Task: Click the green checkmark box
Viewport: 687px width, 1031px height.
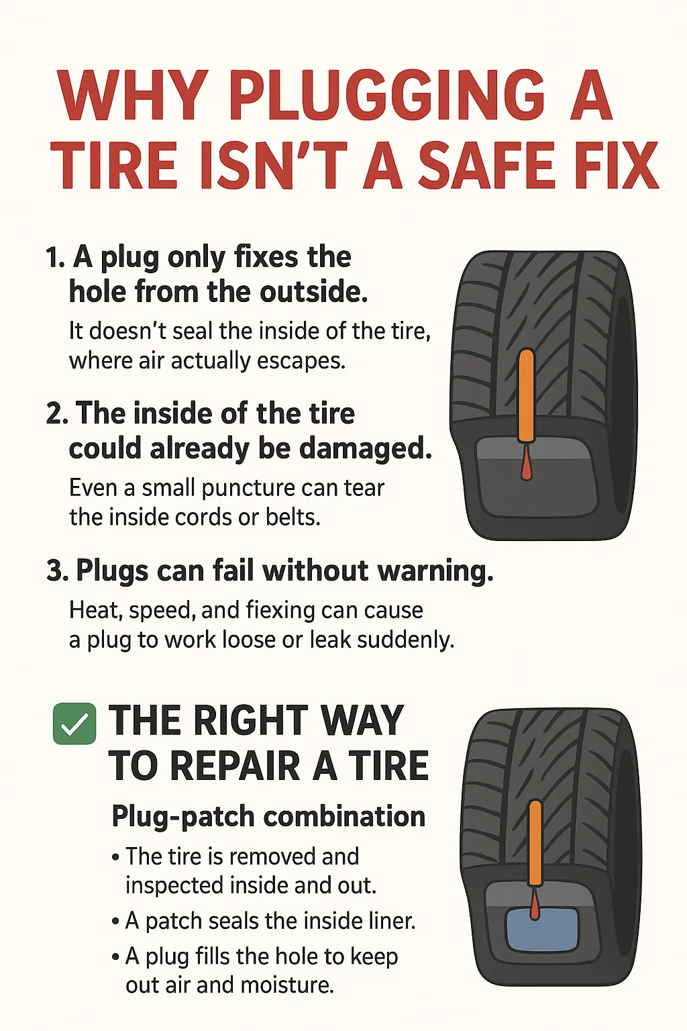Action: click(x=74, y=724)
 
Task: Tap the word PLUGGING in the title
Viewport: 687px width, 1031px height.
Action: click(x=387, y=95)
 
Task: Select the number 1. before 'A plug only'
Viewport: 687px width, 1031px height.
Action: click(x=55, y=258)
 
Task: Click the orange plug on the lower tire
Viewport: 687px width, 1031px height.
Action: click(x=535, y=842)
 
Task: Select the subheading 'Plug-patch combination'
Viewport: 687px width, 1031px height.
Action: click(x=268, y=817)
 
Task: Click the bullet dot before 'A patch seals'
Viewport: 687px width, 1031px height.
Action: click(x=115, y=922)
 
